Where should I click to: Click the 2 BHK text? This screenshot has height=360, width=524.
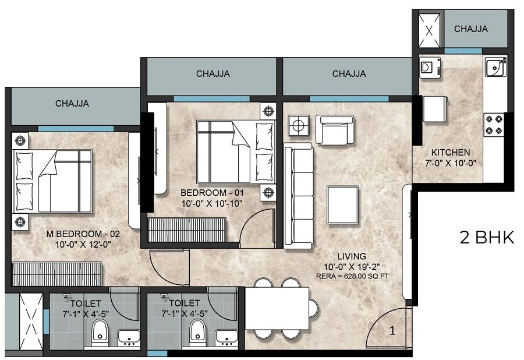tap(487, 238)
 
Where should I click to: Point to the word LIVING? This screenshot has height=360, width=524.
tap(351, 256)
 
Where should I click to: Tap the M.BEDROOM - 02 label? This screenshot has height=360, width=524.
tap(83, 234)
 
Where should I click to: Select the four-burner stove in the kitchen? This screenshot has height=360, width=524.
tap(493, 125)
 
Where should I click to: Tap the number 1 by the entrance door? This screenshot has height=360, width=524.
tap(392, 331)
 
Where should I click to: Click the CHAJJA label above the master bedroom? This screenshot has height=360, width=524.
tap(72, 104)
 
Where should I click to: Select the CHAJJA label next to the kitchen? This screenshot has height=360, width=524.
tap(471, 29)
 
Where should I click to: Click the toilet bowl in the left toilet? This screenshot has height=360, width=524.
tap(100, 334)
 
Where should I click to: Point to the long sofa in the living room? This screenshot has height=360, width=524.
tap(298, 195)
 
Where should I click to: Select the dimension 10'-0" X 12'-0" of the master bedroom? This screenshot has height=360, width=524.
tap(83, 245)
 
